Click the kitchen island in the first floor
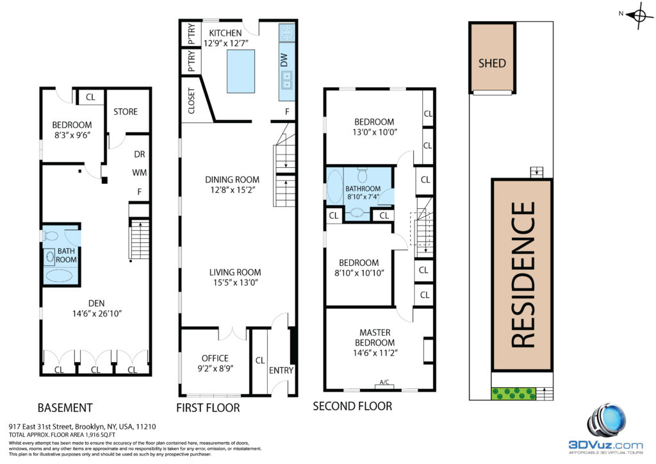point(241,71)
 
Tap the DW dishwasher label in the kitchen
point(284,60)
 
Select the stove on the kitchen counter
point(287,32)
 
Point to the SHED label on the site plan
point(492,63)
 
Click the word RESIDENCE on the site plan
point(523,274)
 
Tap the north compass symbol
point(639,16)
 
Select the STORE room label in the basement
point(126,112)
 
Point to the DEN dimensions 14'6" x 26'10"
point(97,313)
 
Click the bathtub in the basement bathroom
point(61,276)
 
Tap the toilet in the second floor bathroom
point(363,175)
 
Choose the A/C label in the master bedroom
point(384,381)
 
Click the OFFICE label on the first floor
point(215,358)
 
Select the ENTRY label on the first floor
point(281,370)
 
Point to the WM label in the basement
point(139,172)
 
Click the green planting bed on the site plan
point(513,394)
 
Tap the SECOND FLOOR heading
point(353,406)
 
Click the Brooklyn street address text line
point(83,427)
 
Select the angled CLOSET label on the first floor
point(191,101)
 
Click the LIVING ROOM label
point(235,272)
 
